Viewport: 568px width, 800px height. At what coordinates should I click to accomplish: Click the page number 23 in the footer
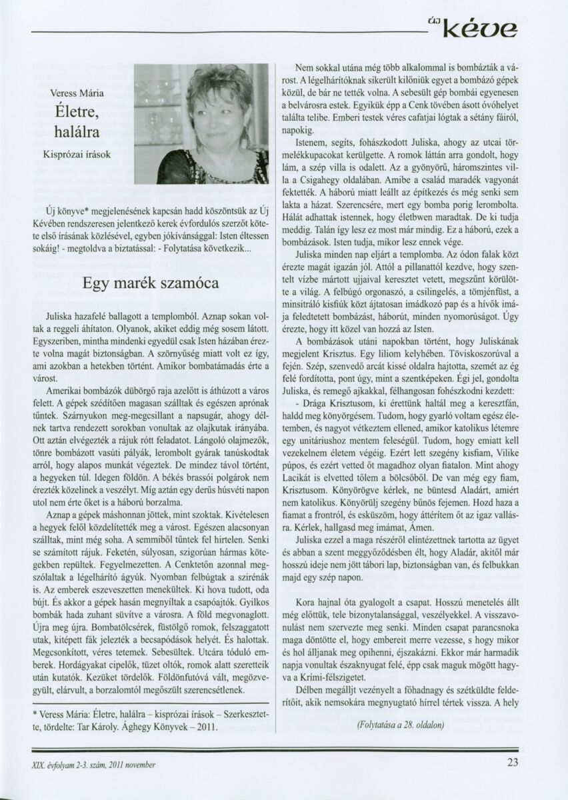click(512, 764)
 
